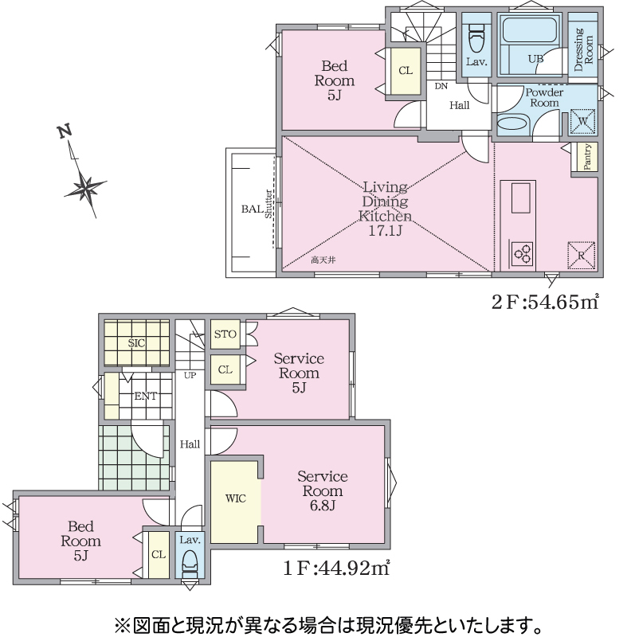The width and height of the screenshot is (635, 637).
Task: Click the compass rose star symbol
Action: pyautogui.click(x=85, y=188)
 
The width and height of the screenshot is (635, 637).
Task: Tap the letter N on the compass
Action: pyautogui.click(x=65, y=131)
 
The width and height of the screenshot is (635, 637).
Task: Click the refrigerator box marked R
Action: pyautogui.click(x=581, y=255)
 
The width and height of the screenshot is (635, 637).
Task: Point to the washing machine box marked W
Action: pyautogui.click(x=582, y=121)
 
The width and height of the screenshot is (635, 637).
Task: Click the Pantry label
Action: pyautogui.click(x=586, y=157)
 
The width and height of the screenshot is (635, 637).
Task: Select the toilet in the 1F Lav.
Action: pyautogui.click(x=190, y=563)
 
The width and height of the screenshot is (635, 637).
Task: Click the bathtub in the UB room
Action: pyautogui.click(x=529, y=29)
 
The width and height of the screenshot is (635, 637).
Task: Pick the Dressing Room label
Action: pyautogui.click(x=583, y=49)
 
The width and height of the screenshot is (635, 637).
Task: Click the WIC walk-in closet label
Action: pyautogui.click(x=235, y=498)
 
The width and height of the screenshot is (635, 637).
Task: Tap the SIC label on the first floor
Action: pyautogui.click(x=136, y=343)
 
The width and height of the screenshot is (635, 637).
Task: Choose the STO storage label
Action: pyautogui.click(x=225, y=334)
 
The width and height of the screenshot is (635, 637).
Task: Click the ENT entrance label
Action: pyautogui.click(x=146, y=396)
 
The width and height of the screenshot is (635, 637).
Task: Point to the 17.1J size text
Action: pyautogui.click(x=385, y=231)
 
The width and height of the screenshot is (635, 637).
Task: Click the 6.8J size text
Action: pyautogui.click(x=322, y=506)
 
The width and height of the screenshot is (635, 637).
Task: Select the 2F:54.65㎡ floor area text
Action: pyautogui.click(x=545, y=302)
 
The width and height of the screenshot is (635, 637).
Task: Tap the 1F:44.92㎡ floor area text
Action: pyautogui.click(x=336, y=568)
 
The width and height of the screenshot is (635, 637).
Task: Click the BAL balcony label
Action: pyautogui.click(x=252, y=209)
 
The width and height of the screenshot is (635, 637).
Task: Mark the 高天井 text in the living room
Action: pyautogui.click(x=323, y=260)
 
